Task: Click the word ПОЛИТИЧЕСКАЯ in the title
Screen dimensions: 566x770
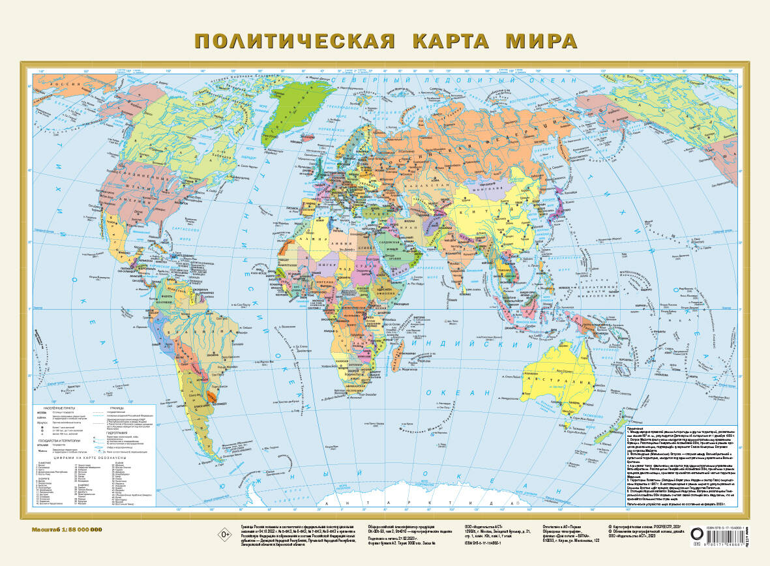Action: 295,40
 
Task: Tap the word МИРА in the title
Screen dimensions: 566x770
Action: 542,40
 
